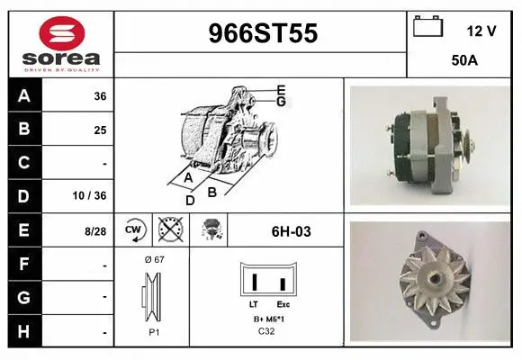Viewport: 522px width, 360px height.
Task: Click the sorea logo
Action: [x=61, y=43]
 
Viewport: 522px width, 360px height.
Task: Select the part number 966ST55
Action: [x=262, y=34]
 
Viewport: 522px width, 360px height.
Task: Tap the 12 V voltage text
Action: [x=481, y=31]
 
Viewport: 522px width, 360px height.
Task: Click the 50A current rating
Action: [x=463, y=61]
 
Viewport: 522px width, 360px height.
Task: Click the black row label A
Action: [x=24, y=95]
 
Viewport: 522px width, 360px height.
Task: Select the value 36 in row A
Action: [x=100, y=96]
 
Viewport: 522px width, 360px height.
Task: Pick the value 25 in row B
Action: [x=100, y=130]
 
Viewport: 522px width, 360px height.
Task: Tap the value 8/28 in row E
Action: [x=95, y=231]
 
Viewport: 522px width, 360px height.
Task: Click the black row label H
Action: [x=24, y=332]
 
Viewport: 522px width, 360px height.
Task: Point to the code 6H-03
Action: [x=291, y=231]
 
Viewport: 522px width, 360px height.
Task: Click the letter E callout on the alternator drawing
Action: [x=281, y=89]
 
